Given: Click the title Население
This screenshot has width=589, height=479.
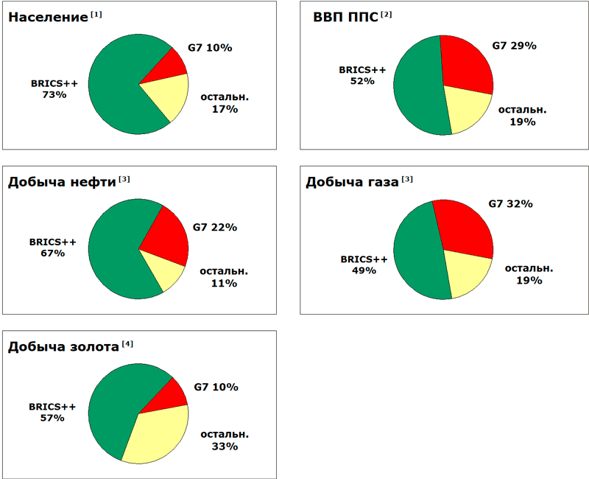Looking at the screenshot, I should coord(48,17).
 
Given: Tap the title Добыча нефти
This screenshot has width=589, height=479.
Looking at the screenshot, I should coord(62,182).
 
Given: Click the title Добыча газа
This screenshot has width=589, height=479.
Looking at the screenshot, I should coord(352,182).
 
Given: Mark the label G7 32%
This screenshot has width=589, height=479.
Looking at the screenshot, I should coord(511,203).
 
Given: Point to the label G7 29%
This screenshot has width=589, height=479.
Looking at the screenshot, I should coord(514,46).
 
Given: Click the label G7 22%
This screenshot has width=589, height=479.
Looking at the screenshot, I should coord(214,228).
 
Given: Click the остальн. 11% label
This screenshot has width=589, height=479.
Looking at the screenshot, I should coord(225,276).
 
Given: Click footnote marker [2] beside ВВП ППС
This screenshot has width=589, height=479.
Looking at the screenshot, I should coord(387,14).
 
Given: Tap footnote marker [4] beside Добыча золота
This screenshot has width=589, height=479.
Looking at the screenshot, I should coord(128,344).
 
